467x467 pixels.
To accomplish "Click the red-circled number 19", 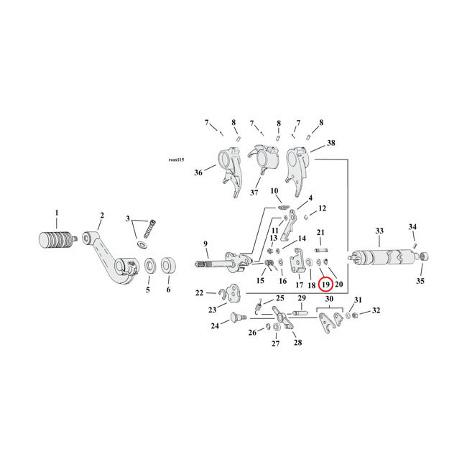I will pos(325,285).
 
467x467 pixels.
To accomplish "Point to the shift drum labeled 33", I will pos(380,257).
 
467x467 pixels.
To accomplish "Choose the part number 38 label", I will pos(330,143).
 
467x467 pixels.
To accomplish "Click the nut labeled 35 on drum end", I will pos(424,256).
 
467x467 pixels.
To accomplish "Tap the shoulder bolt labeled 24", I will pos(234,318).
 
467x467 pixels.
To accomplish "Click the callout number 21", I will pos(321,232).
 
